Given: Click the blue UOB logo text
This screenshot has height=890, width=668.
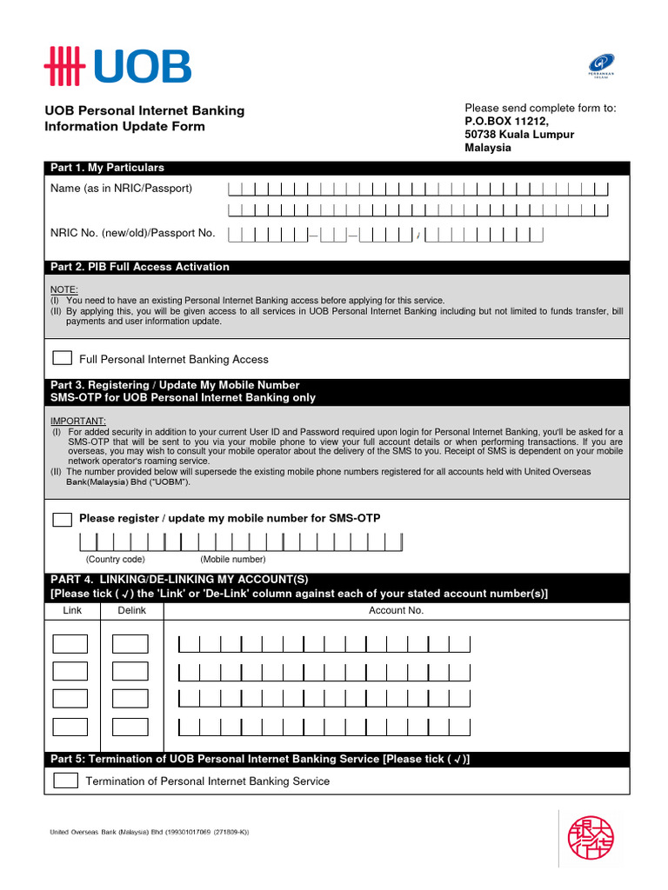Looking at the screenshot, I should click(141, 67).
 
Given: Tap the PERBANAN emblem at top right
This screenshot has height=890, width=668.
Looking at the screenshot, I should click(602, 66).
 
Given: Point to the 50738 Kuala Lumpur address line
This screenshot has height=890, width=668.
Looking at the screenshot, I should click(519, 135).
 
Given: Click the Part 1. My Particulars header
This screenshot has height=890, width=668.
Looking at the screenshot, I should click(108, 168).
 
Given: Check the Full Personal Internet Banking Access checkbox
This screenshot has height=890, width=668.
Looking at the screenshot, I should click(63, 358).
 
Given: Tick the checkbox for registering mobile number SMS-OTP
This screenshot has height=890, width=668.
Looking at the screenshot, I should click(63, 519).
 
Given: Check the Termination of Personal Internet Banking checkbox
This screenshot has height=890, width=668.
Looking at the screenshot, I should click(65, 780).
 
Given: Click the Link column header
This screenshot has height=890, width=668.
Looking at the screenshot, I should click(72, 610).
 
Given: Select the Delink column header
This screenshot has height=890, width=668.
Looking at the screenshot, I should click(131, 610).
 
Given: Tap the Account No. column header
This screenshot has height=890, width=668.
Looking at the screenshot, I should click(396, 610).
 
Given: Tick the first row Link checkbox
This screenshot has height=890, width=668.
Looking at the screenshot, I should click(70, 644).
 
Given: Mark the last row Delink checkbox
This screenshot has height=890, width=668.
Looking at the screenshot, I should click(130, 727).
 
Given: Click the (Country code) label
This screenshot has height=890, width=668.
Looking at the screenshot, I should click(115, 559).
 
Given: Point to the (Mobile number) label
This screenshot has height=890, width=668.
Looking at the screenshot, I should click(232, 559).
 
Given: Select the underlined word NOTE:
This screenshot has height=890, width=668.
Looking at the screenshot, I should click(63, 289).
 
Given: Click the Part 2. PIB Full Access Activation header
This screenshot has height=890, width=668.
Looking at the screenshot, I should click(140, 267).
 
